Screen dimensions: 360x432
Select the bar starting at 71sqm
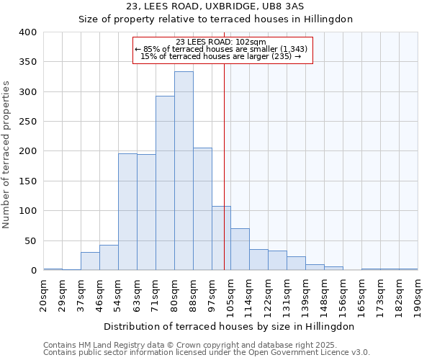tap(165, 184)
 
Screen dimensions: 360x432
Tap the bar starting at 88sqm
tap(202, 209)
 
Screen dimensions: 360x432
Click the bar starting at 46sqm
tap(109, 258)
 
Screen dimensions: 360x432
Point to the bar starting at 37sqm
tap(90, 261)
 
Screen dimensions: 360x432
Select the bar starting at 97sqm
tap(221, 238)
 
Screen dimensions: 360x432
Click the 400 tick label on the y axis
tap(28, 32)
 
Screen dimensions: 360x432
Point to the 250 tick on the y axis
tap(28, 122)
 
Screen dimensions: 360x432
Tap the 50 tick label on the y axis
tap(31, 240)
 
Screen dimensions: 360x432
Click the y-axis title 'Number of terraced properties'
tap(7, 151)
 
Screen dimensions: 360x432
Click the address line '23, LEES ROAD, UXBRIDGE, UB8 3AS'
tap(215, 6)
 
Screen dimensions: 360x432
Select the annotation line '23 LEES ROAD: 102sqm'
tap(221, 42)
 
